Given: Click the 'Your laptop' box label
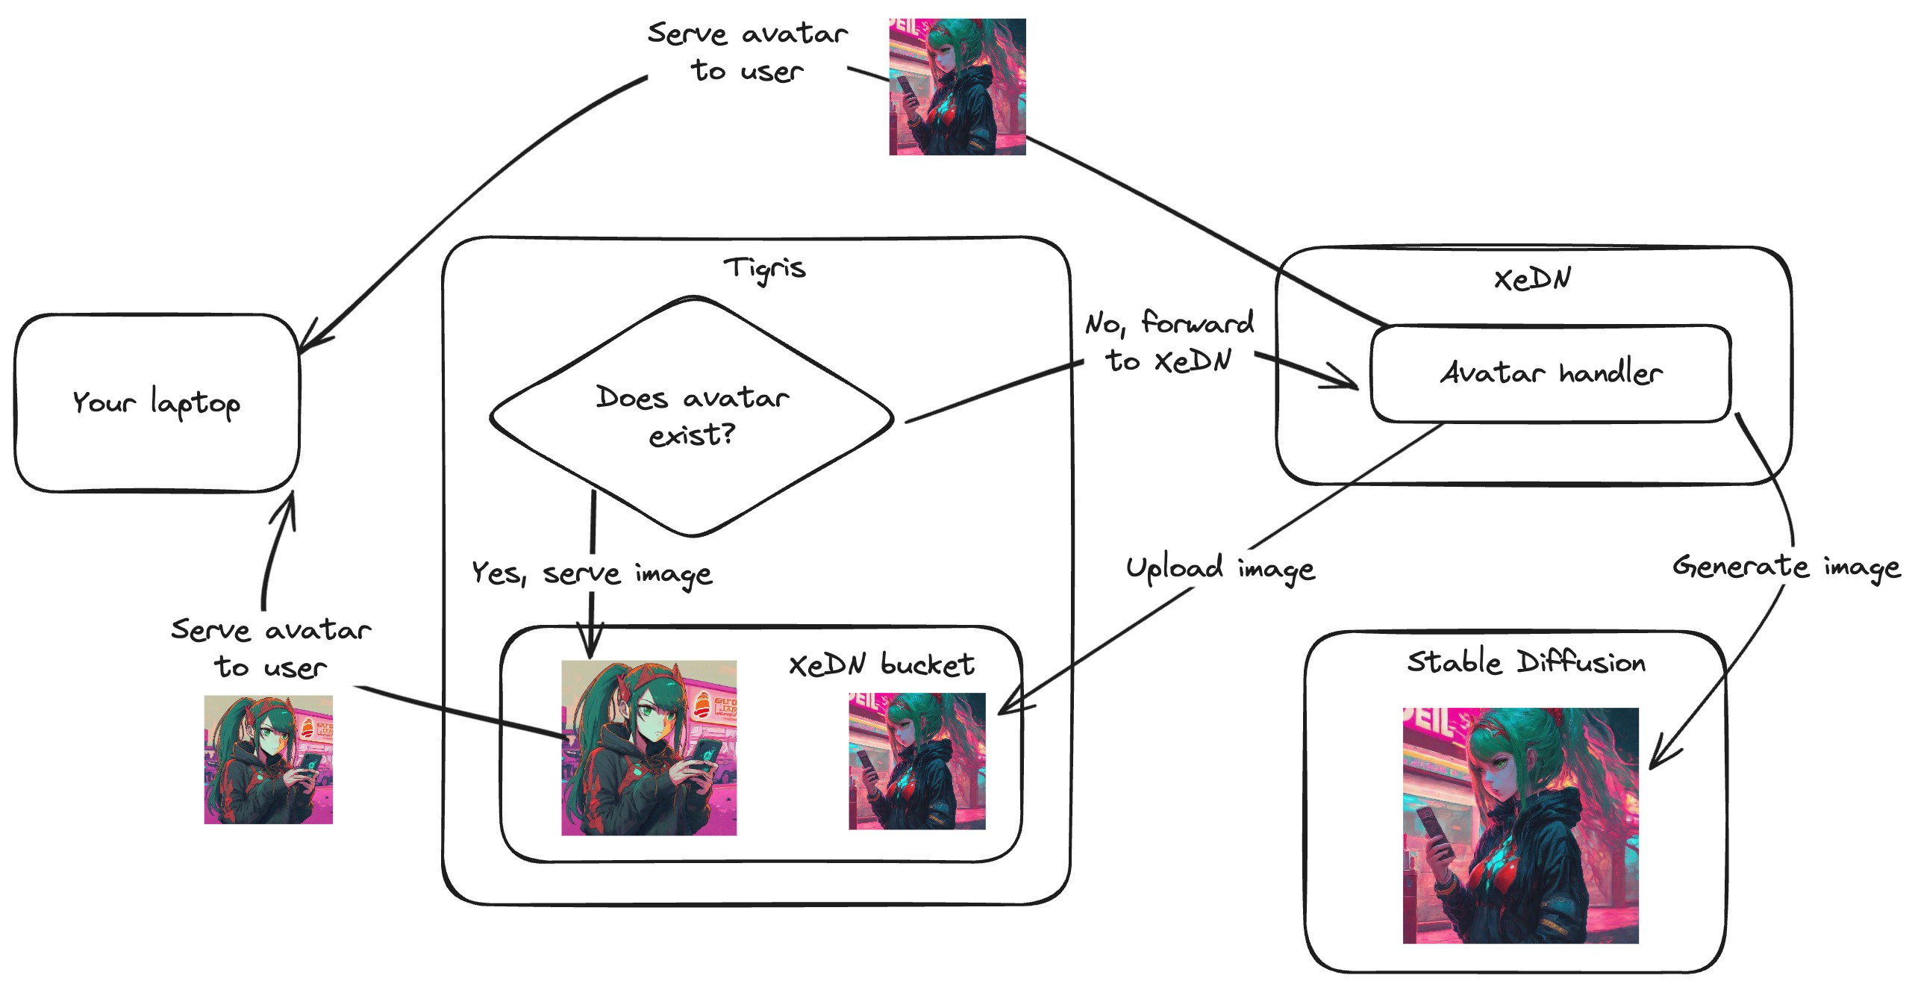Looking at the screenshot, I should [x=157, y=403].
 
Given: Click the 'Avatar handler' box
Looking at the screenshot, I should [x=1551, y=373].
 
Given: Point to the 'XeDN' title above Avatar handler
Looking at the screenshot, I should [x=1532, y=279].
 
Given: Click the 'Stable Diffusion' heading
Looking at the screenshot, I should [x=1526, y=663].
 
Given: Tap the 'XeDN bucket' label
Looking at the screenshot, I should [x=881, y=664].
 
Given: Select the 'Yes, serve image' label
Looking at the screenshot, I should [x=592, y=573].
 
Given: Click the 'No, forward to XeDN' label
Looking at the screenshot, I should [x=1169, y=342].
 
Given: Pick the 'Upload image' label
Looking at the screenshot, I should [x=1220, y=569].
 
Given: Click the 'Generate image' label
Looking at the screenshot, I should [x=1786, y=567].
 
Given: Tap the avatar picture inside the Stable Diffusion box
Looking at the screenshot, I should [x=1520, y=825].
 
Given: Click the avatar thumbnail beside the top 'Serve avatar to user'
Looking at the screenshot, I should [x=957, y=87].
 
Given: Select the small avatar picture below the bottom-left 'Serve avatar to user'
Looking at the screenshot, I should [x=268, y=759].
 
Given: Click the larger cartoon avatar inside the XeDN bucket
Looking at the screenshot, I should [x=649, y=747].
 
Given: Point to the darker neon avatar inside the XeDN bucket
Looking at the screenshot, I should [x=916, y=761].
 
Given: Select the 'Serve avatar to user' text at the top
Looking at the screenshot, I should [x=747, y=52].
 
